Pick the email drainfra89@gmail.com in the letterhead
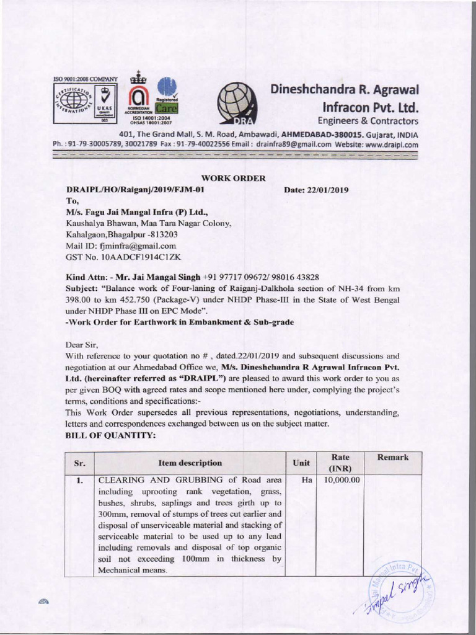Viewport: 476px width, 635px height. pyautogui.click(x=291, y=144)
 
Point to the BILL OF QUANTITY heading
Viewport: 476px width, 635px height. pyautogui.click(x=106, y=436)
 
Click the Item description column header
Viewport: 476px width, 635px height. pyautogui.click(x=190, y=463)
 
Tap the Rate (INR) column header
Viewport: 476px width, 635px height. pyautogui.click(x=340, y=463)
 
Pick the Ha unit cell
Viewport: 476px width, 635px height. pyautogui.click(x=301, y=480)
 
